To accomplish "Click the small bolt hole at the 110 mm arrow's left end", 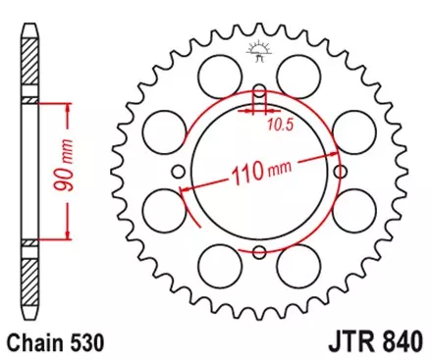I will (179, 174).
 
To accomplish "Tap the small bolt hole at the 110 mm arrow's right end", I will (340, 174).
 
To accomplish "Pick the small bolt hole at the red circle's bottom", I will (259, 253).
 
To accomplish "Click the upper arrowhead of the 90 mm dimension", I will (67, 104).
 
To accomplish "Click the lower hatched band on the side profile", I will (30, 240).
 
